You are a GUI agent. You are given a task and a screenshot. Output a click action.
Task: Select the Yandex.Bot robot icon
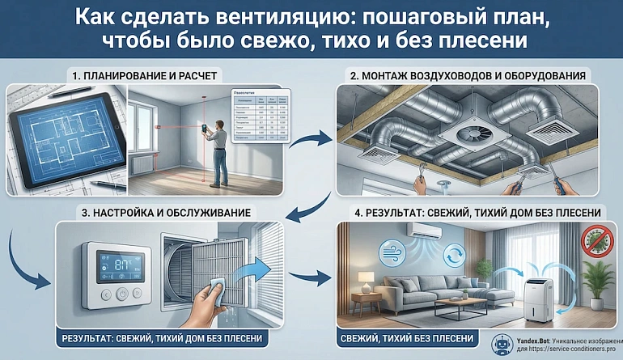click(500, 343)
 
